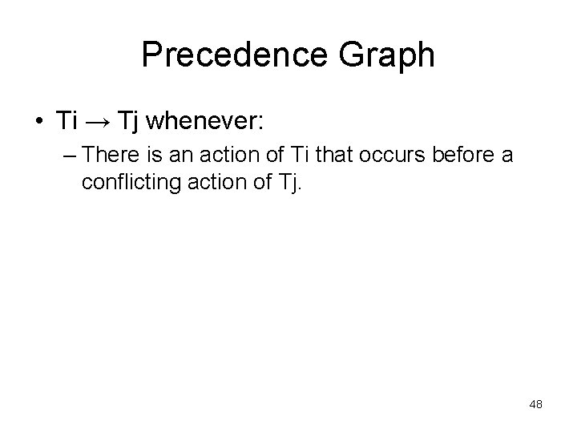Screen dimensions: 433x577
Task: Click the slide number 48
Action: click(x=535, y=405)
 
